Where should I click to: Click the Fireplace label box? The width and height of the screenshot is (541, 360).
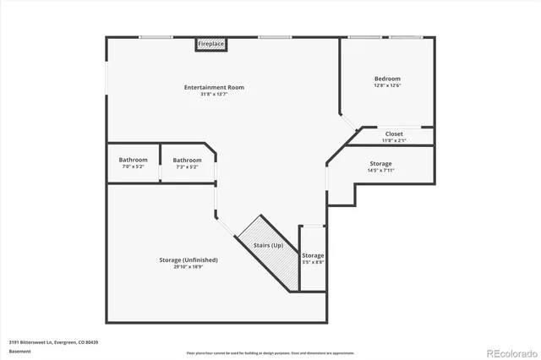coord(211,43)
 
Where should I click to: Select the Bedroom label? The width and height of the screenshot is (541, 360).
coord(387,79)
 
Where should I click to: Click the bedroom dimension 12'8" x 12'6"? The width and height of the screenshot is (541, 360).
coord(387,85)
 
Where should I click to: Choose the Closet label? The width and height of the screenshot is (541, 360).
coord(394,134)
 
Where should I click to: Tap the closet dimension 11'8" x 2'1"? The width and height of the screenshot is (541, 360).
coord(394,139)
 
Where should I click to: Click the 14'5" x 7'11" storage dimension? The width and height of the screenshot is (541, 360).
coord(380,171)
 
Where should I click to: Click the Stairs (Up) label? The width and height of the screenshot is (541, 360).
coord(268,245)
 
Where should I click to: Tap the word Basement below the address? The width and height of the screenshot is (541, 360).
coord(20,351)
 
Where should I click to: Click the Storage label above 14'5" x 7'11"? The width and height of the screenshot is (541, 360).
coord(380,163)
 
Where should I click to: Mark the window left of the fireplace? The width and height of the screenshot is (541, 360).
coord(156,36)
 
